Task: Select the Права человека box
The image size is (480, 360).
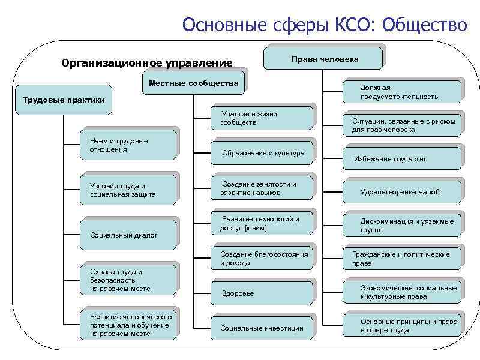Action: tap(324, 59)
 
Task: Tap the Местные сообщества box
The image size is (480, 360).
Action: tap(193, 83)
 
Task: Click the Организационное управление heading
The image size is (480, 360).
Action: tap(147, 62)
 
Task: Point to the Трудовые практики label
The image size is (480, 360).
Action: tap(63, 100)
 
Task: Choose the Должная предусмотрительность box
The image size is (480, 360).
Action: tap(402, 92)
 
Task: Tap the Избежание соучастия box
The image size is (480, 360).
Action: tap(402, 159)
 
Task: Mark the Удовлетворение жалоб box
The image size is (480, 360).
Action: tap(402, 192)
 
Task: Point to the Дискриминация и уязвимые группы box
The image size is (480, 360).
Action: tap(402, 226)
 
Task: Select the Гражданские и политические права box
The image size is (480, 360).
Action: tap(402, 259)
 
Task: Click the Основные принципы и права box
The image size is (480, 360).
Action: tap(402, 326)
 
